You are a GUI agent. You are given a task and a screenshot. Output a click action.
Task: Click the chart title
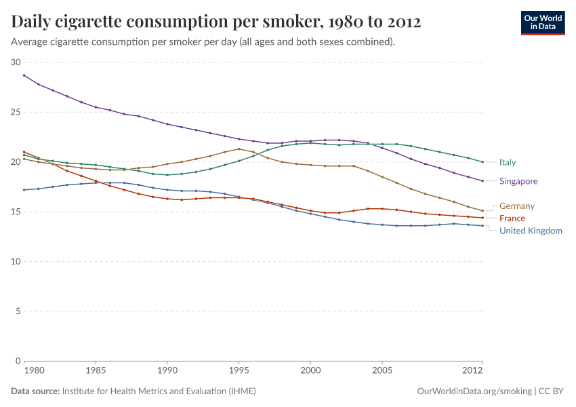coord(216,22)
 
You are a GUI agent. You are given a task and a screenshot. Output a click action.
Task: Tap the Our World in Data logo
coord(542,22)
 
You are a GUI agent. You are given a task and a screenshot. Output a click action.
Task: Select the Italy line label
coord(508,162)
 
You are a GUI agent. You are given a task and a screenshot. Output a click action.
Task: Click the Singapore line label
coord(518,181)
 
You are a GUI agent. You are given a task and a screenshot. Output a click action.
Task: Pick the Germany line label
coord(517,206)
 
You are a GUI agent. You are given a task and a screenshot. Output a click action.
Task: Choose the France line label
coord(512,218)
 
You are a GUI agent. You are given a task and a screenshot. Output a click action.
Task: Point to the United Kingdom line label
coord(531,231)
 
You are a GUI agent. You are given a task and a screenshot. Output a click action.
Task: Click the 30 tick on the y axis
coord(16,62)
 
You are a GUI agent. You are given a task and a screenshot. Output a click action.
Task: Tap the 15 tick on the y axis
coord(16,212)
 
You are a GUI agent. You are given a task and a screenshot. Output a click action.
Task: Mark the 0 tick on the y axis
coord(19,361)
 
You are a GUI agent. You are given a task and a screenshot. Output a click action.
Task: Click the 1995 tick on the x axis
coord(239,372)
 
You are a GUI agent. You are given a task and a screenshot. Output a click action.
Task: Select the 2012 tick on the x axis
coord(472,372)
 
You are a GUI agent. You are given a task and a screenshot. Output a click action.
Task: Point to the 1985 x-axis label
coord(96,372)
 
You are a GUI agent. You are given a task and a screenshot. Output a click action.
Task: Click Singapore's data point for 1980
coord(24,75)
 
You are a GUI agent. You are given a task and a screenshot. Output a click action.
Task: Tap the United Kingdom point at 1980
coord(24,190)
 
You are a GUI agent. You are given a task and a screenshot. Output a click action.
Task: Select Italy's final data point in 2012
coord(482,162)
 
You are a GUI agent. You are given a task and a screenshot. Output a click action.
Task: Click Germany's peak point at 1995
coord(239,149)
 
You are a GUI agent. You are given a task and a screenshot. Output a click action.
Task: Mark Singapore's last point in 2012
coord(482,181)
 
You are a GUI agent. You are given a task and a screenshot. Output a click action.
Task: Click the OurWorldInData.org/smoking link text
coord(474,391)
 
